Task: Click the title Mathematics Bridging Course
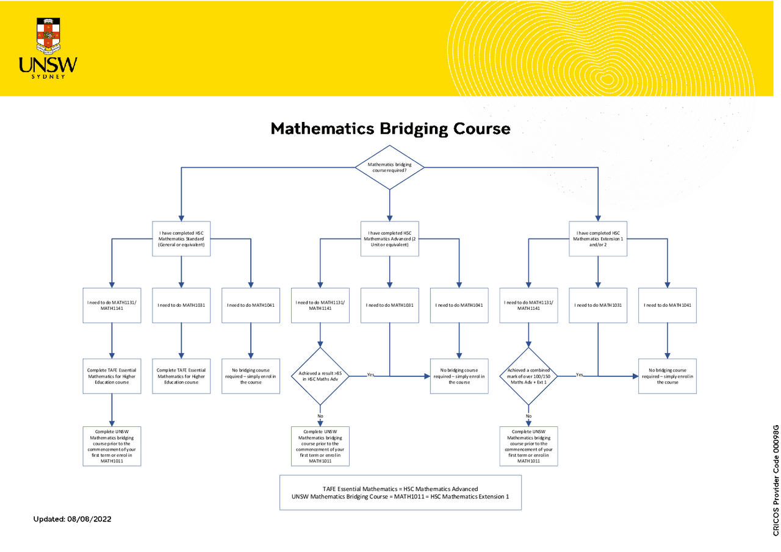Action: coord(390,129)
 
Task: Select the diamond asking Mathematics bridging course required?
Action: coord(389,167)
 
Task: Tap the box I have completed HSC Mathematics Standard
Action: coord(181,238)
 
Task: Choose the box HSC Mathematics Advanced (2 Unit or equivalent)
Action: coord(390,238)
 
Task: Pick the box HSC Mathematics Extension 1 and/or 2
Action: coord(598,238)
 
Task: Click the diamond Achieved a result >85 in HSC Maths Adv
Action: coord(320,376)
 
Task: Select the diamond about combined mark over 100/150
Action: coord(528,376)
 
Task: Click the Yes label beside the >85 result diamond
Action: coord(370,374)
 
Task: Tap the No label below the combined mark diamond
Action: coord(528,416)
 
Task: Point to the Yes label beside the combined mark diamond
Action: coord(580,374)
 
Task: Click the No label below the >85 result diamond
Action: coord(320,416)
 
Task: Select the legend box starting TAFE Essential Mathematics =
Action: coord(400,493)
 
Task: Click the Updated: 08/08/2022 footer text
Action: coord(72,519)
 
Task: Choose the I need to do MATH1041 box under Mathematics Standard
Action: coord(251,304)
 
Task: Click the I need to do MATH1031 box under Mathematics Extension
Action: coord(598,304)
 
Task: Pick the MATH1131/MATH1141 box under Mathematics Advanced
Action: coord(320,304)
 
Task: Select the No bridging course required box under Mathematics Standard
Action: coord(251,376)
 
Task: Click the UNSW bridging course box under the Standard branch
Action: coord(112,446)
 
